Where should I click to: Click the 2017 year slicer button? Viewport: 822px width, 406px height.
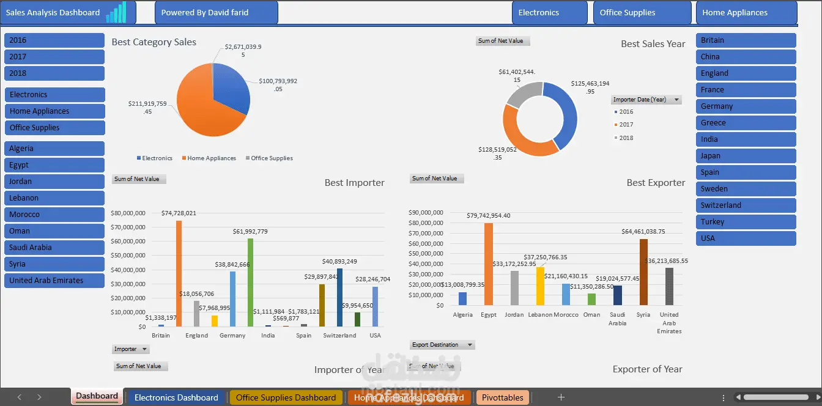click(x=54, y=57)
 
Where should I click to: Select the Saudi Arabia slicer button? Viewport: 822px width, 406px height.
click(x=54, y=248)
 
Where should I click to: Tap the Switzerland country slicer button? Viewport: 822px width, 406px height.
click(x=746, y=205)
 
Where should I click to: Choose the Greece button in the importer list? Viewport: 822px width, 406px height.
click(x=746, y=123)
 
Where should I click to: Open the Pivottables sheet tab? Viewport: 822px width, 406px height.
click(x=502, y=397)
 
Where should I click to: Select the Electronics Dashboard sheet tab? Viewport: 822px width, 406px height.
click(x=176, y=397)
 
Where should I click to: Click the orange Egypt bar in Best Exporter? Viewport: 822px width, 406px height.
click(x=489, y=264)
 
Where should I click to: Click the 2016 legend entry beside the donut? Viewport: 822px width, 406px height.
click(x=624, y=112)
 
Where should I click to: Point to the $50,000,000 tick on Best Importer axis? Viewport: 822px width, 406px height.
click(x=128, y=256)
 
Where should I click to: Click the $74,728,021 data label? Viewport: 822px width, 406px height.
click(x=179, y=213)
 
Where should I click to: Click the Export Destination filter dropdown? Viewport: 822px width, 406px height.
click(x=470, y=345)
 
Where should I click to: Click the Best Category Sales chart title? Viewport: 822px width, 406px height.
click(x=154, y=42)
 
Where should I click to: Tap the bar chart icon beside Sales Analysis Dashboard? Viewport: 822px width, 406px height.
click(x=116, y=12)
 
